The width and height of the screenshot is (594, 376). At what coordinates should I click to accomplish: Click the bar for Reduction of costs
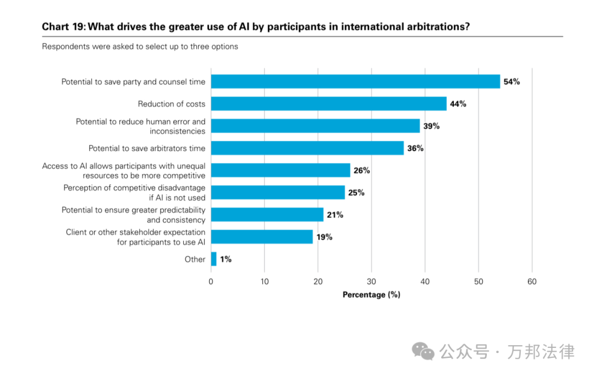click(328, 103)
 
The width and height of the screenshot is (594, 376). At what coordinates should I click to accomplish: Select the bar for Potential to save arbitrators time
click(307, 148)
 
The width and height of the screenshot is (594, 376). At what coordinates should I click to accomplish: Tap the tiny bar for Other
click(213, 259)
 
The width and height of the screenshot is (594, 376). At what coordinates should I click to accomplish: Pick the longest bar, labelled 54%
click(355, 81)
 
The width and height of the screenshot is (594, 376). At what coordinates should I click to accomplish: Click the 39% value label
click(431, 126)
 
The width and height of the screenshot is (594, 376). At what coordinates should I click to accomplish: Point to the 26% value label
click(361, 171)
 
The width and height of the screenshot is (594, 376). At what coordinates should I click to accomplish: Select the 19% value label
click(324, 237)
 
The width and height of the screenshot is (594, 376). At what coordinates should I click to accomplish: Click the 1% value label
click(226, 259)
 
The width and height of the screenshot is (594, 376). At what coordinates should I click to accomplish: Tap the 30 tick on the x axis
click(371, 282)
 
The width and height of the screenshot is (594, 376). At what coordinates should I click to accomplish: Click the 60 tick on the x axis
click(532, 282)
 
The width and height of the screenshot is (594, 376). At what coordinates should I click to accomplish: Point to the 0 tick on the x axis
click(211, 282)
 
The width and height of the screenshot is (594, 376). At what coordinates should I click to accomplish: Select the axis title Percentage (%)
click(371, 295)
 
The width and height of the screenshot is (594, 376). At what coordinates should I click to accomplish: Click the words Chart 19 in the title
click(63, 26)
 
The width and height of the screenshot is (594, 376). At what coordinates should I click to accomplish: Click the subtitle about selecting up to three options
click(140, 47)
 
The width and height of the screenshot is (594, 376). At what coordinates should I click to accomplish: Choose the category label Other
click(195, 259)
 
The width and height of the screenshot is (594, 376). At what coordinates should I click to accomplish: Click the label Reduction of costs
click(171, 104)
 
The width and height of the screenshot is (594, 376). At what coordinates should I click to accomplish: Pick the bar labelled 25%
click(278, 193)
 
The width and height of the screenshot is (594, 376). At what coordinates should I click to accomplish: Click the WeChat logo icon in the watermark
click(423, 351)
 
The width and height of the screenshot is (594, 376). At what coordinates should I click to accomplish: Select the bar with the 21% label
click(267, 215)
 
